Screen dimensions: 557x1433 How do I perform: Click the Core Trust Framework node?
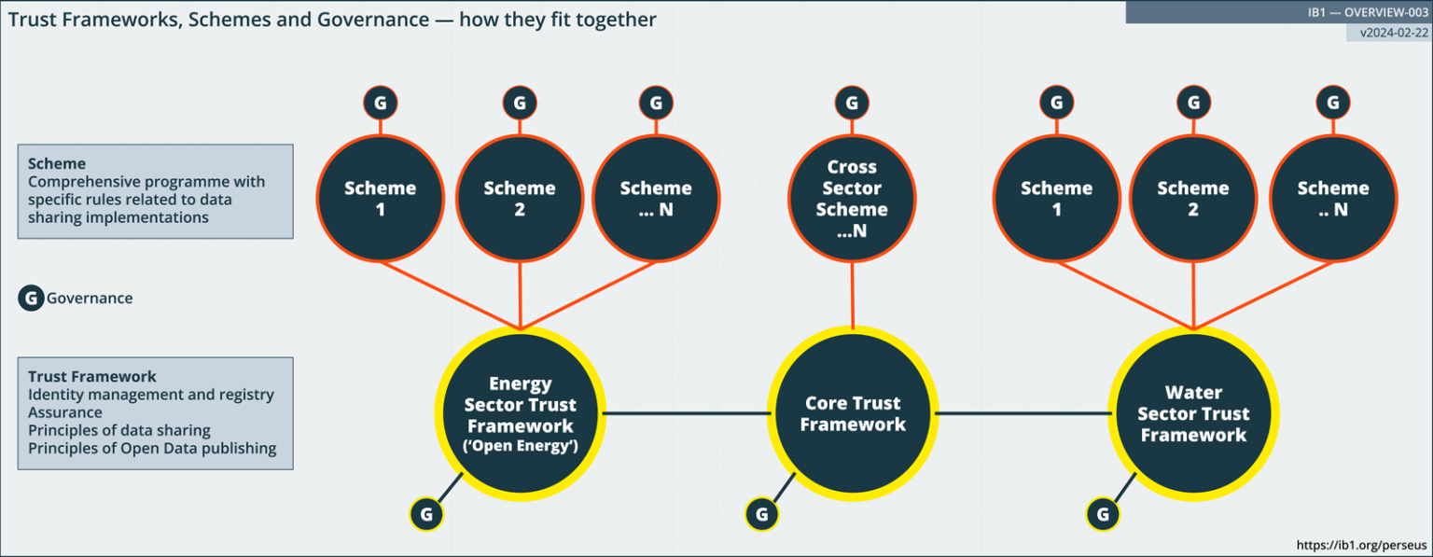853,414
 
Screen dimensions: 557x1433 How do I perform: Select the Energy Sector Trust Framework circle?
520,414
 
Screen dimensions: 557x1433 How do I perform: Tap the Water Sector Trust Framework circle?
1193,414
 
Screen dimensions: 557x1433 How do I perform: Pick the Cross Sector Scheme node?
852,199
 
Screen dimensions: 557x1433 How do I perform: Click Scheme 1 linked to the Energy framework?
380,199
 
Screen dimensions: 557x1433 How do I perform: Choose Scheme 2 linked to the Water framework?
1193,199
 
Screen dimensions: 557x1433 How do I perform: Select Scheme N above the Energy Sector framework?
656,199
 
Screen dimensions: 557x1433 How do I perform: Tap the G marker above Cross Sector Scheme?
852,103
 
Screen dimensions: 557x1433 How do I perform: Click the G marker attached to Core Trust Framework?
761,513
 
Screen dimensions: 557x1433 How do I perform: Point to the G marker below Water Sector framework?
1103,513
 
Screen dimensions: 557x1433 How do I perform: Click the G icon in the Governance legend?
31,299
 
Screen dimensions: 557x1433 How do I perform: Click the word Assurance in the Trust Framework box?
65,412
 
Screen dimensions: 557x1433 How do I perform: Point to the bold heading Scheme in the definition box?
57,163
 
